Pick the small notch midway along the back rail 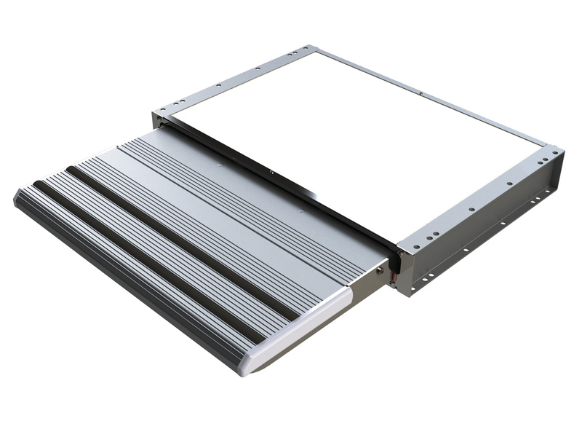coord(421,92)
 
